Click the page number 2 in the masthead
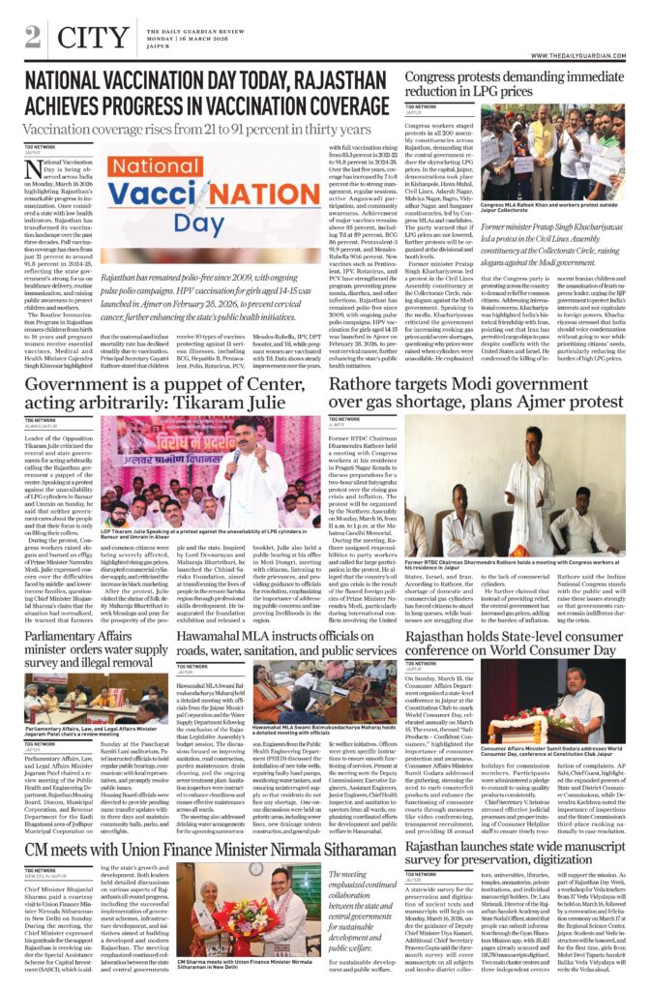pos(33,36)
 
